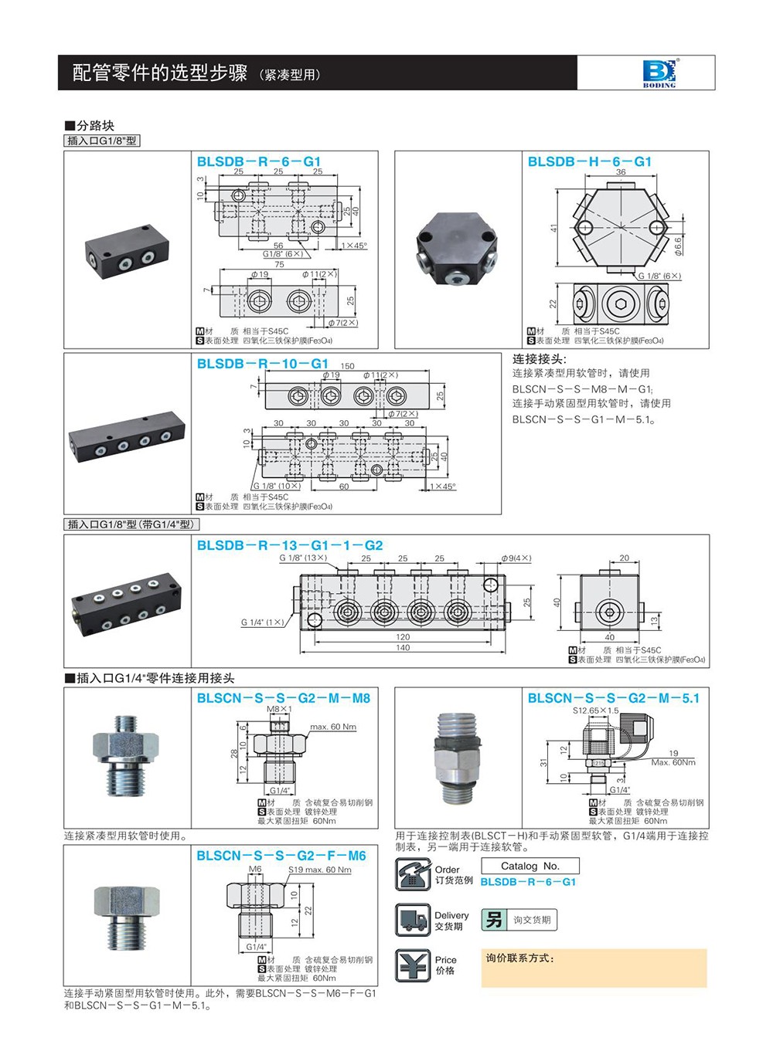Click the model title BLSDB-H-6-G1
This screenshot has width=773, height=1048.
click(589, 161)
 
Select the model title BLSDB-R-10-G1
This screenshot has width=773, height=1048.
click(262, 363)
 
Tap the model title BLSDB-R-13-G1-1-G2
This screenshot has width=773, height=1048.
click(289, 544)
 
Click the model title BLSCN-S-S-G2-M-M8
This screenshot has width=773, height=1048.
click(283, 697)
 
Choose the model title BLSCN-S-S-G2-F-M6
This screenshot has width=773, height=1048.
click(281, 855)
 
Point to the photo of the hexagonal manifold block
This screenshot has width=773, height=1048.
click(457, 249)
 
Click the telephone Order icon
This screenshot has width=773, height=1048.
click(412, 874)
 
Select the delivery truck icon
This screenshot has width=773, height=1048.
click(412, 920)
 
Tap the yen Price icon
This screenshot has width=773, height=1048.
click(412, 965)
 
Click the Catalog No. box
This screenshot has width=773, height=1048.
click(530, 866)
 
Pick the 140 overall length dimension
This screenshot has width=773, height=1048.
click(403, 648)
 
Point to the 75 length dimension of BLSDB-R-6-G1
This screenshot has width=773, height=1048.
click(279, 264)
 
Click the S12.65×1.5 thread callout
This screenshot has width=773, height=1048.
click(595, 711)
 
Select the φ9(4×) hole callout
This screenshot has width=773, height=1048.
click(516, 558)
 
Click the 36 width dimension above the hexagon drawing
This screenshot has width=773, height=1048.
click(621, 172)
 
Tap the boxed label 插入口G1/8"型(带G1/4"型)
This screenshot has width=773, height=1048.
click(131, 524)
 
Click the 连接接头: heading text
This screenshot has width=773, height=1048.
click(539, 358)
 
